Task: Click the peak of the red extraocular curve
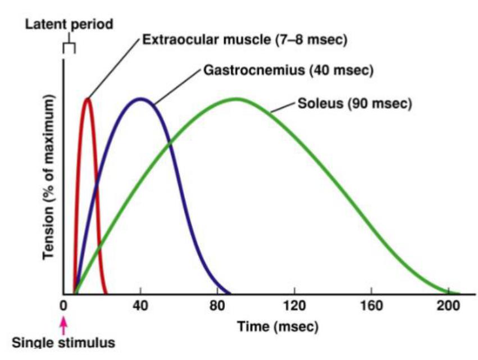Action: pos(87,99)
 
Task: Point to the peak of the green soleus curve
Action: pos(236,99)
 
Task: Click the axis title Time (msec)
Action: pos(277,326)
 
